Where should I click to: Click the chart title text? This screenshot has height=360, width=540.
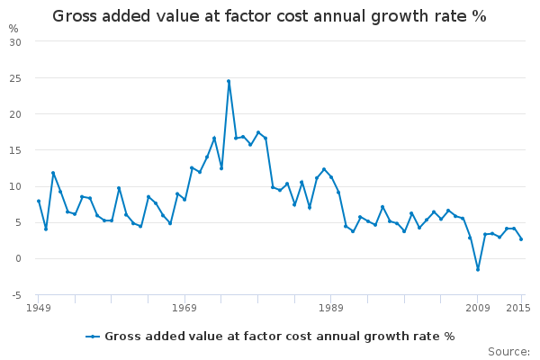[269, 16]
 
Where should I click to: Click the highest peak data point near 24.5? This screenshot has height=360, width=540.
[229, 81]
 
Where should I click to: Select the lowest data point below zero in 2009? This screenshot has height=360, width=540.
[478, 269]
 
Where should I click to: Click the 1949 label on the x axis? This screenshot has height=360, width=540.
[38, 309]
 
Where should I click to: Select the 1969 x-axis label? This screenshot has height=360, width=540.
[184, 309]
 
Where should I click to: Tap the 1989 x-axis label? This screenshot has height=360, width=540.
[330, 309]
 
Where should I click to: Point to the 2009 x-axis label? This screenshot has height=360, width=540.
[477, 309]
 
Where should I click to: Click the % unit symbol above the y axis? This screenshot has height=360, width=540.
[13, 29]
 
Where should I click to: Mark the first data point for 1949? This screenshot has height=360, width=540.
[39, 201]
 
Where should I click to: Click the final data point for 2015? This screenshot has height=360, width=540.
[521, 238]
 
